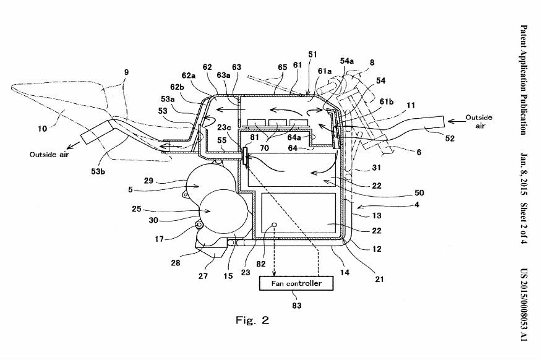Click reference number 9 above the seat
click(126, 72)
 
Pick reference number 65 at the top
click(283, 66)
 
